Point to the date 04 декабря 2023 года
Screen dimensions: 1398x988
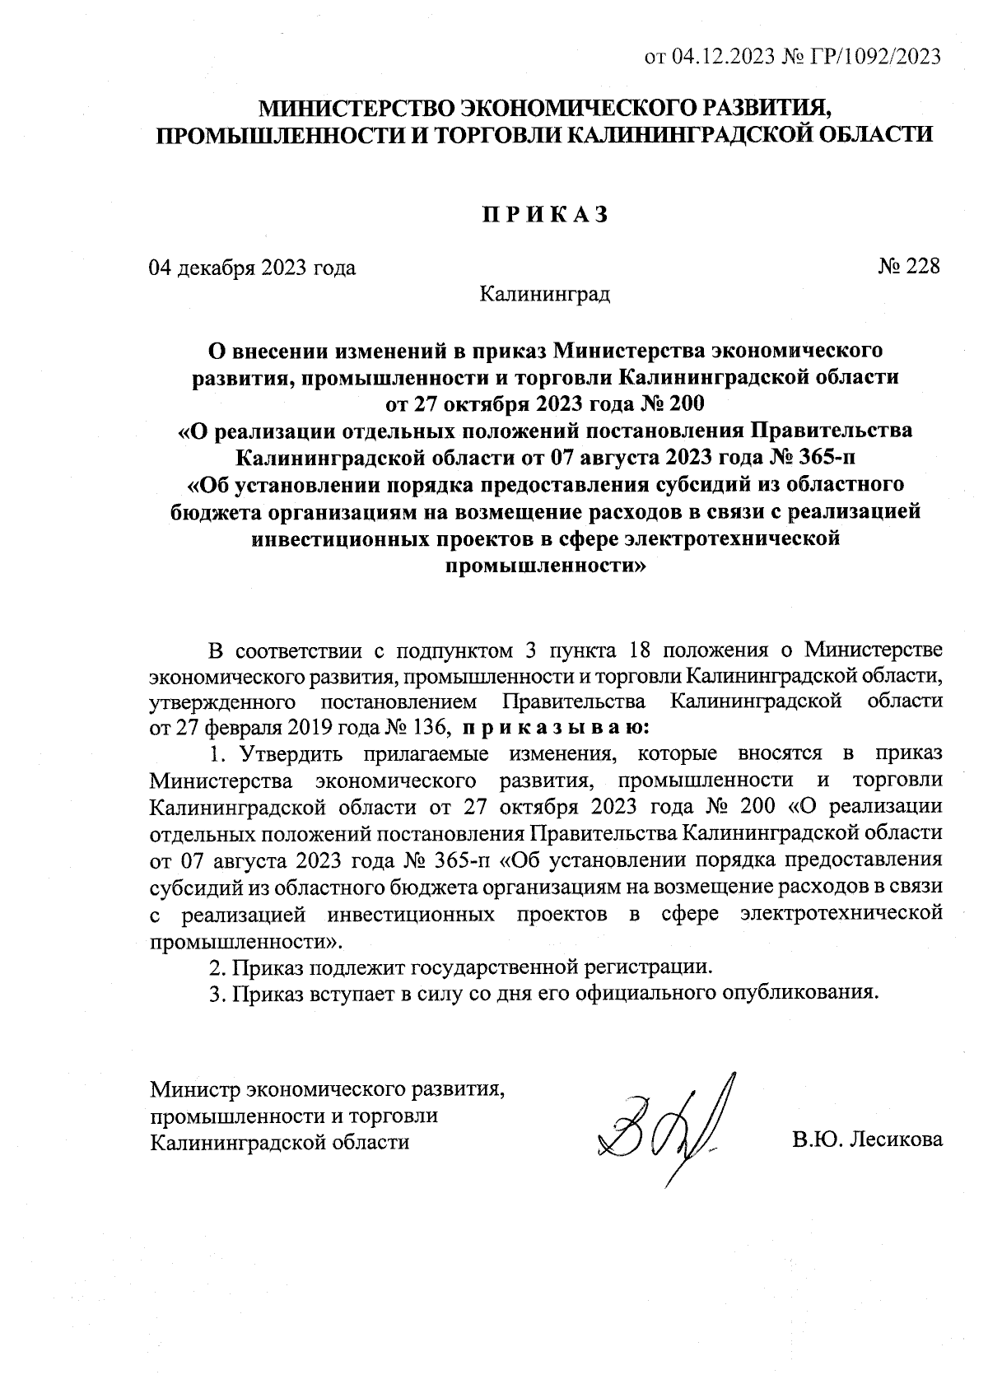coord(252,268)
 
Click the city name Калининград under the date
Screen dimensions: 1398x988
coord(544,293)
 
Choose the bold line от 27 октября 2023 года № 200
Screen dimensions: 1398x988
coord(544,404)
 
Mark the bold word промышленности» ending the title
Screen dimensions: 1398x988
coord(544,566)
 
